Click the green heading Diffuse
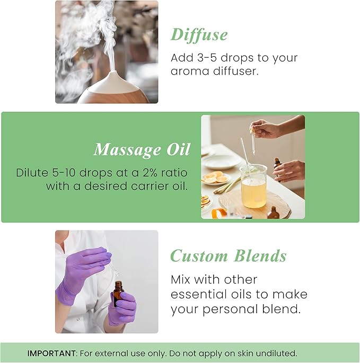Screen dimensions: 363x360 click(x=199, y=34)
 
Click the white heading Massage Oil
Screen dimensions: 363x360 click(x=142, y=150)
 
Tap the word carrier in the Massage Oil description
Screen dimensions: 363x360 click(x=145, y=186)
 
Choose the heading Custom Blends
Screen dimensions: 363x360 click(x=228, y=256)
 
